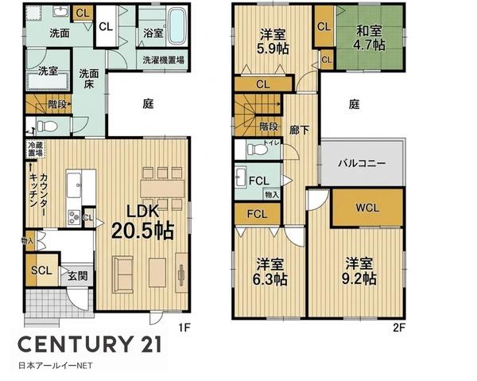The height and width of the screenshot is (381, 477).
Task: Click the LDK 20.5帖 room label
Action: (x=142, y=221)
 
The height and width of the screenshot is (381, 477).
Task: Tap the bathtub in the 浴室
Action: (x=176, y=25)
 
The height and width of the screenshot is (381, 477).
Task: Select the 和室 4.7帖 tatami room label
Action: (x=369, y=38)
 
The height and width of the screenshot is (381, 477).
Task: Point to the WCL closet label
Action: (x=367, y=208)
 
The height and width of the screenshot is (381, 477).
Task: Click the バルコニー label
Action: (x=362, y=163)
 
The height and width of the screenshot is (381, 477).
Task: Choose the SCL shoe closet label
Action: (x=41, y=270)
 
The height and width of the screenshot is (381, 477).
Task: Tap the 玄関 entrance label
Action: (x=78, y=276)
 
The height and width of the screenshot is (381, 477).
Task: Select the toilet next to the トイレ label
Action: (x=258, y=149)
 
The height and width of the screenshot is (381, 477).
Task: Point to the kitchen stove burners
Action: (x=74, y=217)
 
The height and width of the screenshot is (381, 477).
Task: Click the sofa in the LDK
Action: (x=122, y=274)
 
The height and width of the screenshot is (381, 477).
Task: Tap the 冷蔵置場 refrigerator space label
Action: (x=35, y=149)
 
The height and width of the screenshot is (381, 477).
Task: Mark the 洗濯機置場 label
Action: (x=163, y=60)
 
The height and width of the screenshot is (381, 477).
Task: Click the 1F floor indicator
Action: (x=184, y=328)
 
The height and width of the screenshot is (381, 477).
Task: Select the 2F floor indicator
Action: (x=399, y=328)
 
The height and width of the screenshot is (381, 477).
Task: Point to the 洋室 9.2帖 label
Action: (x=359, y=271)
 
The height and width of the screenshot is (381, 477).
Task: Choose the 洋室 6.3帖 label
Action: (x=270, y=271)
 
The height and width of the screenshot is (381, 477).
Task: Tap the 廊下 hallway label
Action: (x=300, y=130)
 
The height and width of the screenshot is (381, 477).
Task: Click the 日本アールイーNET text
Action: (x=56, y=365)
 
